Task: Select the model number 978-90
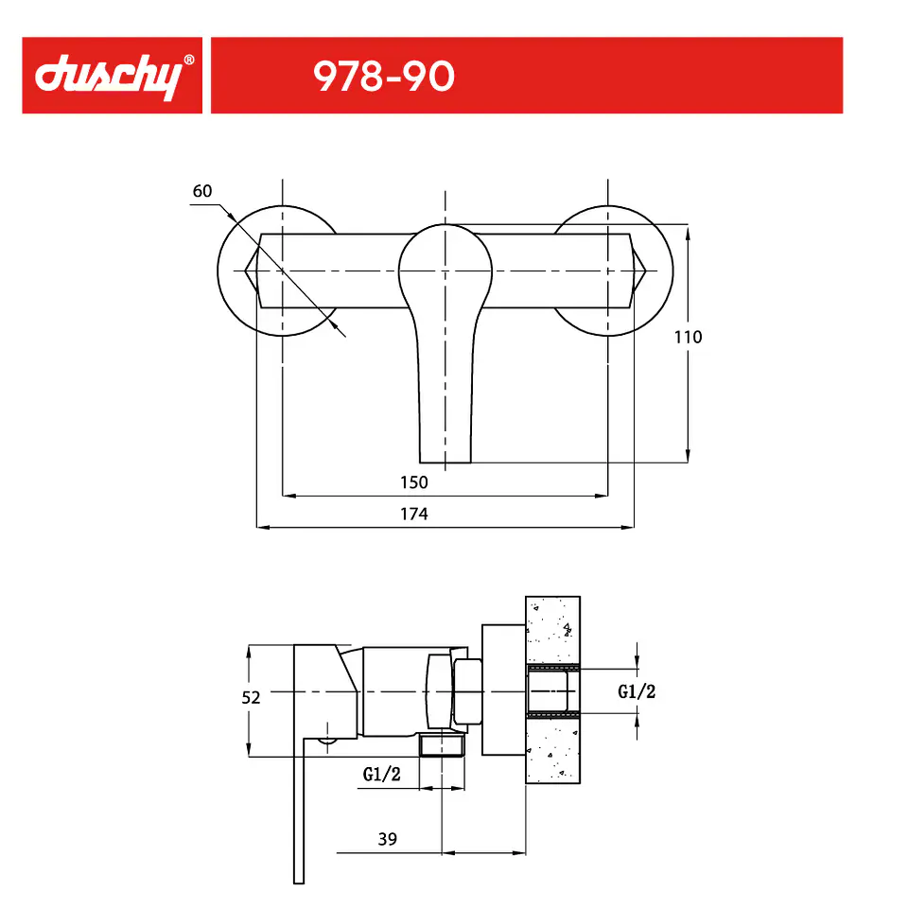384,77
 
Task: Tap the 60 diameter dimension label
202,191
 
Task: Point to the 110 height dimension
688,337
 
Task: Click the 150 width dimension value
414,482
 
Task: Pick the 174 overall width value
414,514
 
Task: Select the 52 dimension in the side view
251,698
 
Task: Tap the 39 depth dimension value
388,839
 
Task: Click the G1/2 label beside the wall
637,691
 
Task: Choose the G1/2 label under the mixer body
381,775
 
